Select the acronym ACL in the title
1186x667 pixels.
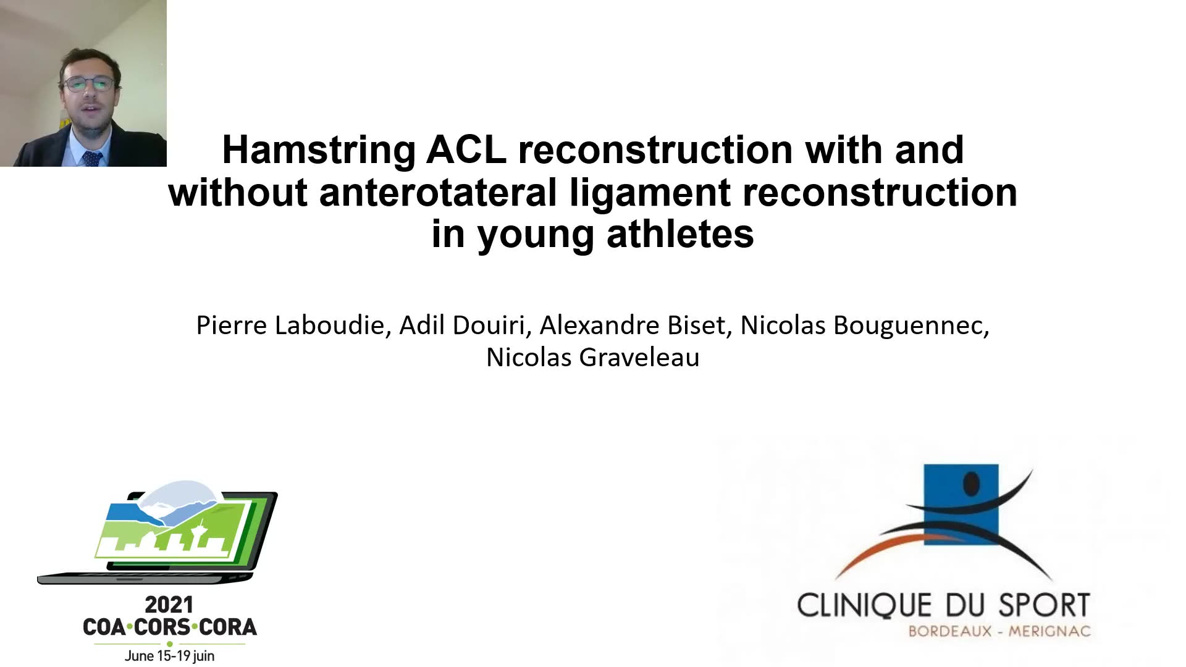tap(466, 149)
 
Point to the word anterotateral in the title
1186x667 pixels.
tap(438, 192)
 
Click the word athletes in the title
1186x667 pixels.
tap(680, 235)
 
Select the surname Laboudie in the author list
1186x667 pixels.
tap(330, 325)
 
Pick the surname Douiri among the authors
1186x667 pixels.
tap(492, 325)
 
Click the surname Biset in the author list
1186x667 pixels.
tap(701, 325)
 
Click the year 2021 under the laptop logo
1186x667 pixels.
tap(169, 605)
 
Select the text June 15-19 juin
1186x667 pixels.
tap(169, 656)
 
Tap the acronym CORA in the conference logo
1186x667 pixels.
tap(228, 627)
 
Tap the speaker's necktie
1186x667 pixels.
tap(92, 158)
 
